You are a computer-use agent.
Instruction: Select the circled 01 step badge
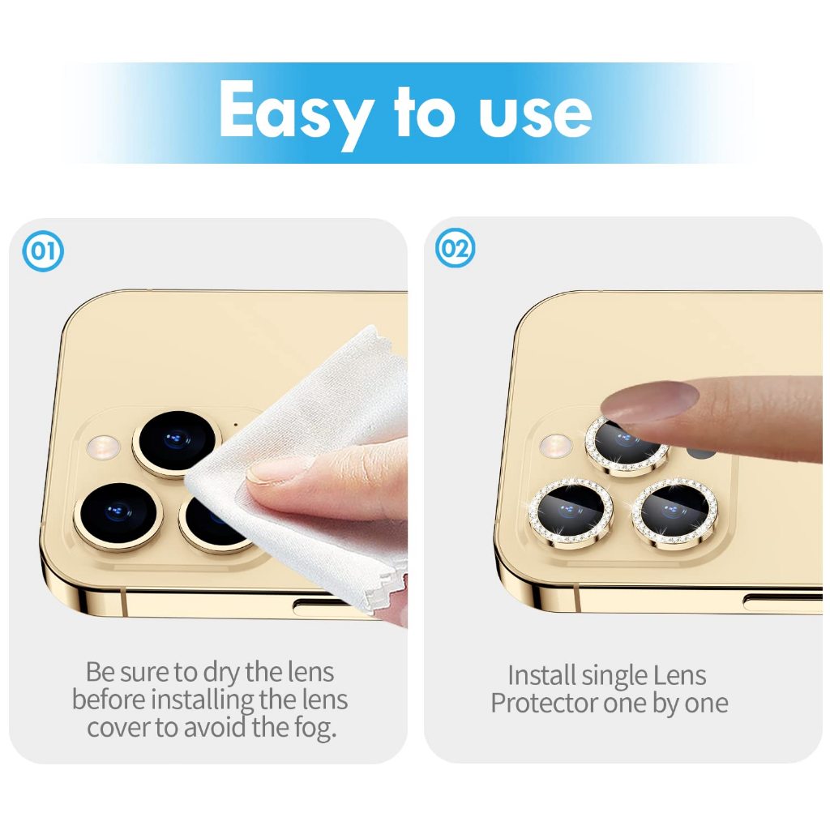43,251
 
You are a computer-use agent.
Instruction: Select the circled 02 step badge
456,248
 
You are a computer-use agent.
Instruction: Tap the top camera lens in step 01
177,443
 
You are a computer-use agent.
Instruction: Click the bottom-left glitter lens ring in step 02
571,511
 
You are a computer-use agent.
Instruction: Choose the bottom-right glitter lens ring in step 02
674,511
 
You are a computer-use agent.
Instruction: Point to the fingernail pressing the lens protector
650,401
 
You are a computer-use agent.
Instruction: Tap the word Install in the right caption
541,675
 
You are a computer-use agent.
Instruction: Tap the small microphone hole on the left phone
236,424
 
